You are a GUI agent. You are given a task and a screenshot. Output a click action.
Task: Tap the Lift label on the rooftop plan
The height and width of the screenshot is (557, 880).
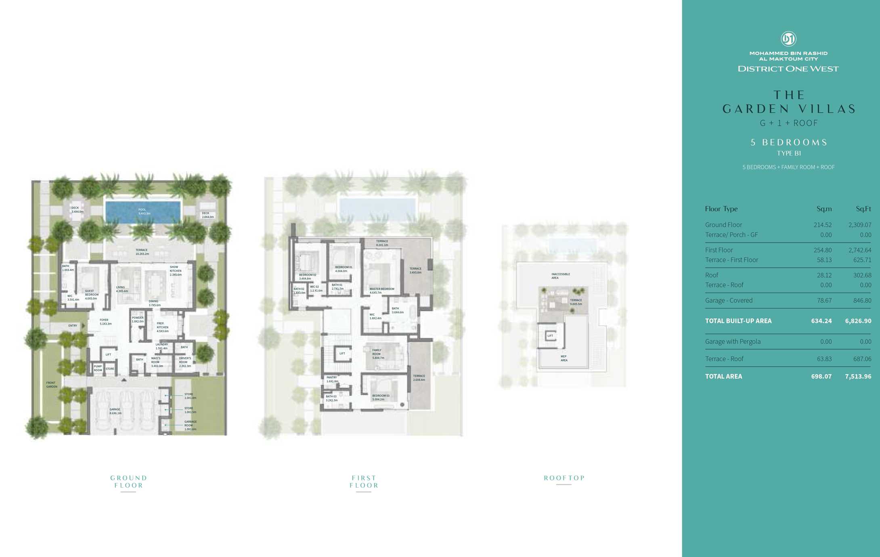550,336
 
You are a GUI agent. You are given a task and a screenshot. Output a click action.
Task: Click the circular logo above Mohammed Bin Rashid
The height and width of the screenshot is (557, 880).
788,39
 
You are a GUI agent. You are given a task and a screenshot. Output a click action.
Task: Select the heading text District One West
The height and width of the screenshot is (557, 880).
788,69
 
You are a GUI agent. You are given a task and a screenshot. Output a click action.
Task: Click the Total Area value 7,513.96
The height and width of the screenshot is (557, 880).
858,377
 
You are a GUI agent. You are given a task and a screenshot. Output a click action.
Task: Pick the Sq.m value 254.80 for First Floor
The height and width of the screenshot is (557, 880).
822,250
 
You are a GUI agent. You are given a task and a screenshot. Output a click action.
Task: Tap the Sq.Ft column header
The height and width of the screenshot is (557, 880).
863,209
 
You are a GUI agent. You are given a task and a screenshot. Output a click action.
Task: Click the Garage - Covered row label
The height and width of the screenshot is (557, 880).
729,301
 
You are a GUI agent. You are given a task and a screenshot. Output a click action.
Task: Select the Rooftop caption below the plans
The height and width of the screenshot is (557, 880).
564,478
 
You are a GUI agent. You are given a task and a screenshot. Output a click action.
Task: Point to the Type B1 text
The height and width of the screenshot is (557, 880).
789,153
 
